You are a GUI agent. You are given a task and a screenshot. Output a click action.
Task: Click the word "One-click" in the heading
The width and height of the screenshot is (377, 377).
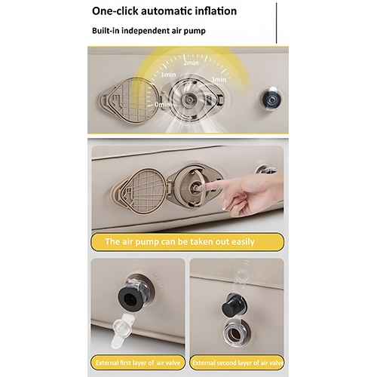(115, 11)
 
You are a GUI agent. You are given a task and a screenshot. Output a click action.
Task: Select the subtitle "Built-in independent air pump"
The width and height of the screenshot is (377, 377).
(149, 31)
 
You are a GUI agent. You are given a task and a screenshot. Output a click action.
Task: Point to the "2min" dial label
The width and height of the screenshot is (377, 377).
(191, 63)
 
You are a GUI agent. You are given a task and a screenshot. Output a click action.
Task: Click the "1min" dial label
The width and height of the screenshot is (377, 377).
(168, 75)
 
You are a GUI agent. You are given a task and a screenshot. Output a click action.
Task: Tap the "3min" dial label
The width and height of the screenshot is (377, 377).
(219, 79)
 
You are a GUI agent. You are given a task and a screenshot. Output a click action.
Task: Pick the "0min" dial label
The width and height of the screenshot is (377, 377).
(162, 104)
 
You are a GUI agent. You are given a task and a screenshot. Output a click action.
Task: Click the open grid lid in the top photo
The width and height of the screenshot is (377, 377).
(130, 100)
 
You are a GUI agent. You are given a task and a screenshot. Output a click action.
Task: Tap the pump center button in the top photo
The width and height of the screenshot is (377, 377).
(189, 100)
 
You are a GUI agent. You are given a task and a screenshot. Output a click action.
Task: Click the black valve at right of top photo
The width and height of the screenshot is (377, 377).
(271, 100)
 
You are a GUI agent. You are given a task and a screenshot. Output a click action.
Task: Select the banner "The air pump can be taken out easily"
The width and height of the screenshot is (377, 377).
(187, 241)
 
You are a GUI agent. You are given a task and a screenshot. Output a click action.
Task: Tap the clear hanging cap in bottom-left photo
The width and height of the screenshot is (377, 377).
(122, 328)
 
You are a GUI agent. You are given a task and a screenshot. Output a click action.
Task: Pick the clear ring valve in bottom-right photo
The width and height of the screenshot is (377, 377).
(236, 333)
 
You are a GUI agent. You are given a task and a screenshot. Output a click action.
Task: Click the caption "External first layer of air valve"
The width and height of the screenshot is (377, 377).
(138, 363)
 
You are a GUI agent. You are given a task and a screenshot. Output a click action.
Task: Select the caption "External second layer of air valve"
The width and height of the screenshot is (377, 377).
(238, 363)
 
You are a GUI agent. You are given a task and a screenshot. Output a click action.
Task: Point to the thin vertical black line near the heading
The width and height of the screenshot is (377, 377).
(277, 23)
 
